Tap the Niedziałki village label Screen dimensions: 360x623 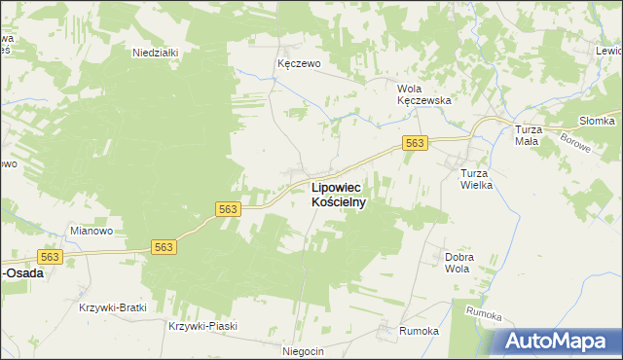(x=156, y=54)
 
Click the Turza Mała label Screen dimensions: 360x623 (x=527, y=135)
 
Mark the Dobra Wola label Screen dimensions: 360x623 (x=459, y=263)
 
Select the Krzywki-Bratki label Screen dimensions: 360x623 (x=112, y=307)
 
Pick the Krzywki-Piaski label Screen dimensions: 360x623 (x=202, y=327)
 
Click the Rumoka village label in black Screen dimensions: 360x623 (x=420, y=331)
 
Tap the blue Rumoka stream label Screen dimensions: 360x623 (x=484, y=314)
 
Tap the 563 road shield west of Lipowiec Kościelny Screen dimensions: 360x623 (x=228, y=209)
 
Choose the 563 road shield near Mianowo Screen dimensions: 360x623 (x=164, y=248)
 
